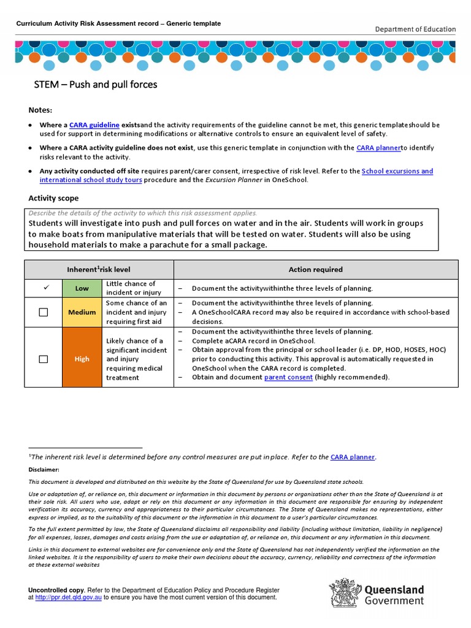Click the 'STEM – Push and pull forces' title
pos(95,85)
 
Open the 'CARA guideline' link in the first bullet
pos(94,124)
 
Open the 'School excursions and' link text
pos(397,171)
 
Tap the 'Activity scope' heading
pos(53,198)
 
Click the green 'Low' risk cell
pos(82,288)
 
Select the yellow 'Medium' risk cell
pos(82,312)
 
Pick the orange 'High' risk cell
pos(82,359)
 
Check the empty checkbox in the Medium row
pos(44,312)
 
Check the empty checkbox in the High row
pos(44,359)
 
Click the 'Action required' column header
pos(315,269)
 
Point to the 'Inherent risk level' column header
pos(99,269)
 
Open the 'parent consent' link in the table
pos(288,377)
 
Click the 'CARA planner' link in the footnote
pos(353,457)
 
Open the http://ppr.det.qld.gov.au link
pos(68,597)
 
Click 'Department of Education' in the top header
pos(415,29)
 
